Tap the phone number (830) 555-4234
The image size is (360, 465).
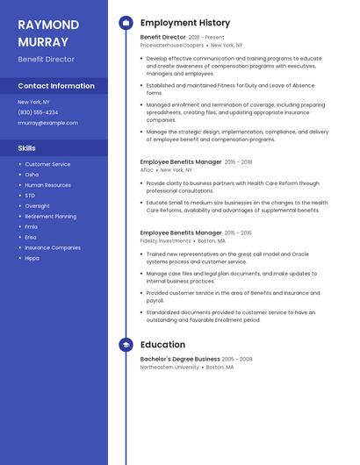[x=38, y=112]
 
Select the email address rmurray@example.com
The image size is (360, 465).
[x=47, y=123]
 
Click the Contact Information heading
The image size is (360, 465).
[x=56, y=86]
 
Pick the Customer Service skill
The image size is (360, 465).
[x=47, y=164]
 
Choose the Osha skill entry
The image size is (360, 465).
[x=32, y=175]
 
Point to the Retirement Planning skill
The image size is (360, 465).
[x=50, y=216]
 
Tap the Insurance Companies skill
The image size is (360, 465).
[x=53, y=247]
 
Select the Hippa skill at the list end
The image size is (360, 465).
[x=32, y=258]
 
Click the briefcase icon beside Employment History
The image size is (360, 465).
[x=126, y=23]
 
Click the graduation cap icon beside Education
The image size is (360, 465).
[x=126, y=345]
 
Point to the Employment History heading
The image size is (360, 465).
[x=185, y=23]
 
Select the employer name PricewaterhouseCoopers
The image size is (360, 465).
[x=171, y=45]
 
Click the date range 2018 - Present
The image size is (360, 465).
[x=206, y=38]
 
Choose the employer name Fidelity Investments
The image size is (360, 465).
[x=165, y=240]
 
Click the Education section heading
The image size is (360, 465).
[x=162, y=345]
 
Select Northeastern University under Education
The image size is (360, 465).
[x=169, y=368]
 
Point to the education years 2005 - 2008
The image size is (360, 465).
[x=237, y=359]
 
